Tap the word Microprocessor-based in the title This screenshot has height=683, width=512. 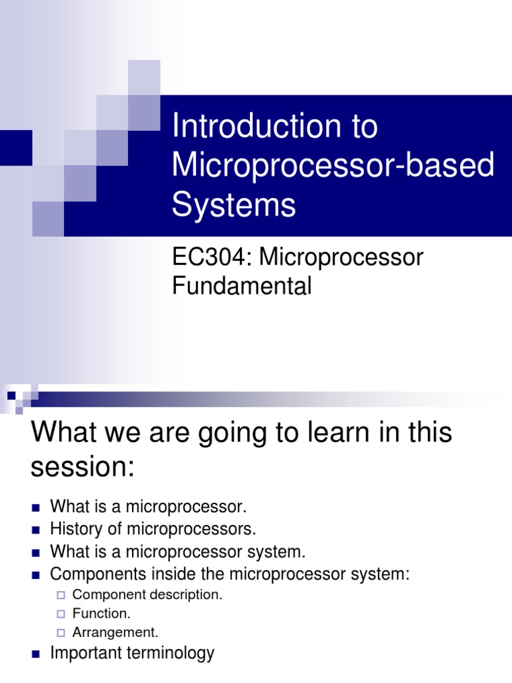[333, 165]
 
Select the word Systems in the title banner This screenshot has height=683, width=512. [233, 204]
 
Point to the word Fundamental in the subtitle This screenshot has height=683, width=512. [241, 286]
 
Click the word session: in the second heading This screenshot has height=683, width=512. [83, 467]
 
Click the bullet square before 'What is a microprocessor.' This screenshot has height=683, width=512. [36, 507]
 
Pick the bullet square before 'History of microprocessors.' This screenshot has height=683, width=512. [36, 530]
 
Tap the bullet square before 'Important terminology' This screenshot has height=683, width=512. [36, 654]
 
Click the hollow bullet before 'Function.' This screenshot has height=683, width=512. [61, 614]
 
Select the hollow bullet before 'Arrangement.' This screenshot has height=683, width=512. [61, 632]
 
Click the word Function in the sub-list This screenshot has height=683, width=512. [99, 613]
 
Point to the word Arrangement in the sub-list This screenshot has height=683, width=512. [113, 632]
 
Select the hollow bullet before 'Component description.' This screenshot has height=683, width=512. [61, 595]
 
